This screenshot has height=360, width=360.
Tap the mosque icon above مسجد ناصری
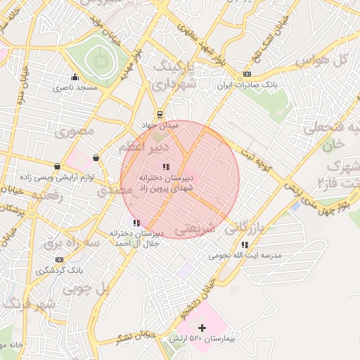[75, 77]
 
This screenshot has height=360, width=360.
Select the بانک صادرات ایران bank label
[247, 84]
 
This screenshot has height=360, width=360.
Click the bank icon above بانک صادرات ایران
[247, 74]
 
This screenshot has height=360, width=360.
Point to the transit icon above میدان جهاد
[160, 114]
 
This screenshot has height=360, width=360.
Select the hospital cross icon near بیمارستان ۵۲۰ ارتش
[202, 328]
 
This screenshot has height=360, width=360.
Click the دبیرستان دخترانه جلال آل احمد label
[136, 238]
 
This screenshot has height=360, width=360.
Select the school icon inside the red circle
[166, 167]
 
